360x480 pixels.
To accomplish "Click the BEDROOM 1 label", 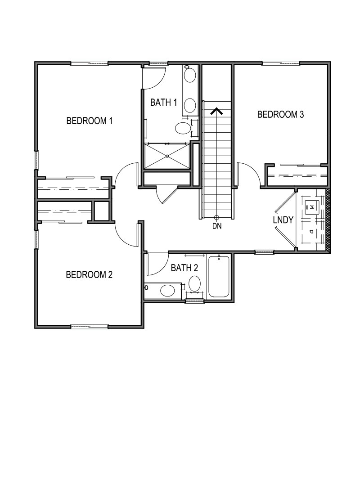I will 89,121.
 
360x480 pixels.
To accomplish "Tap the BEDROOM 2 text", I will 89,274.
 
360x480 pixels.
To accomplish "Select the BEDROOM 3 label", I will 280,114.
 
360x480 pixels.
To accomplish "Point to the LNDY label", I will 283,220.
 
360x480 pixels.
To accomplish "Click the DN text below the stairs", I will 217,226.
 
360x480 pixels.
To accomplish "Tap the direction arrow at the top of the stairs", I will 217,111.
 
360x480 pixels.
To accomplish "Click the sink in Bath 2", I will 167,290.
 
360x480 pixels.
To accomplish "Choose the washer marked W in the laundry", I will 311,207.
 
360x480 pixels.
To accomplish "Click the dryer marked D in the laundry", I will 311,231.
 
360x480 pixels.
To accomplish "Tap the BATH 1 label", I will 163,103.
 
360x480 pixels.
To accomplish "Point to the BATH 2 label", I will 184,268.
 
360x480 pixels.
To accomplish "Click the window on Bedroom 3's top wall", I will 281,63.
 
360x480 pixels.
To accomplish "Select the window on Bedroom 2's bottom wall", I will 89,326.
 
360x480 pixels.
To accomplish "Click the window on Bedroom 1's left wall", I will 36,160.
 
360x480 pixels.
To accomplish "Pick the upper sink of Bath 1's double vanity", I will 190,75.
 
